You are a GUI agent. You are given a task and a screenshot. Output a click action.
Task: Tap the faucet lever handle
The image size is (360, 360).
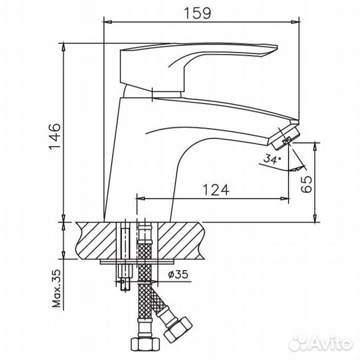tap(200, 63)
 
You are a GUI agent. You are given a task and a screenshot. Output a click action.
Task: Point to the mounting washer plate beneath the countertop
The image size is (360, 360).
tap(133, 261)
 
